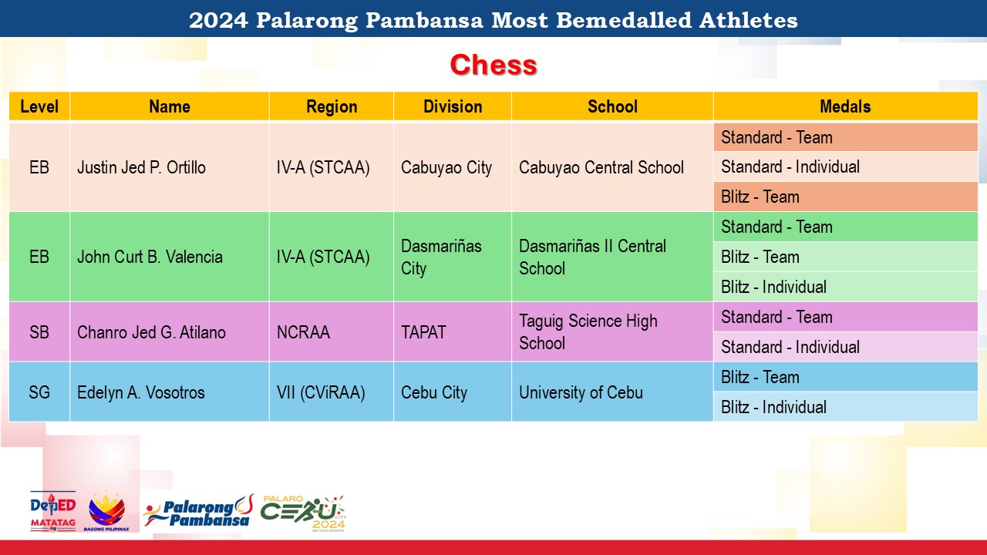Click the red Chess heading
pyautogui.click(x=493, y=65)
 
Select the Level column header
pyautogui.click(x=39, y=106)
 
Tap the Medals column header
pyautogui.click(x=845, y=106)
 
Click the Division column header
pyautogui.click(x=453, y=106)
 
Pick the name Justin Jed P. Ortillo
pyautogui.click(x=141, y=167)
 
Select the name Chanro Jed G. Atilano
pyautogui.click(x=151, y=332)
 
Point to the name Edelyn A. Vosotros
pyautogui.click(x=141, y=392)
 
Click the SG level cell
pyautogui.click(x=39, y=392)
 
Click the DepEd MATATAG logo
pyautogui.click(x=53, y=511)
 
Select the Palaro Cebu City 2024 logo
pyautogui.click(x=303, y=513)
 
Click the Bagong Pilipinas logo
pyautogui.click(x=106, y=511)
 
